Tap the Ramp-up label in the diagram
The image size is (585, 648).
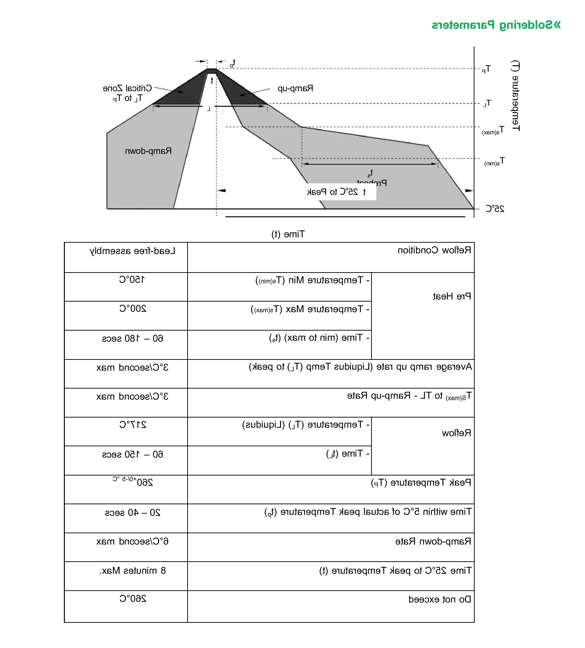[295, 88]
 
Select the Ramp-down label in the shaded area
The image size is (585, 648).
[148, 151]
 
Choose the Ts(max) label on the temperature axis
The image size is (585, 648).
[493, 131]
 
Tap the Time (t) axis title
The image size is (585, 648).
[288, 234]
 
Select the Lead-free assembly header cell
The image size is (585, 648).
[133, 251]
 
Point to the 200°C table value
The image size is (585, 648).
[133, 309]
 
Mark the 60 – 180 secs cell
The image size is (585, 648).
[133, 338]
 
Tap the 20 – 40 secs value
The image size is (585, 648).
[133, 513]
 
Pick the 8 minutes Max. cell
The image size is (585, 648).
[133, 570]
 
